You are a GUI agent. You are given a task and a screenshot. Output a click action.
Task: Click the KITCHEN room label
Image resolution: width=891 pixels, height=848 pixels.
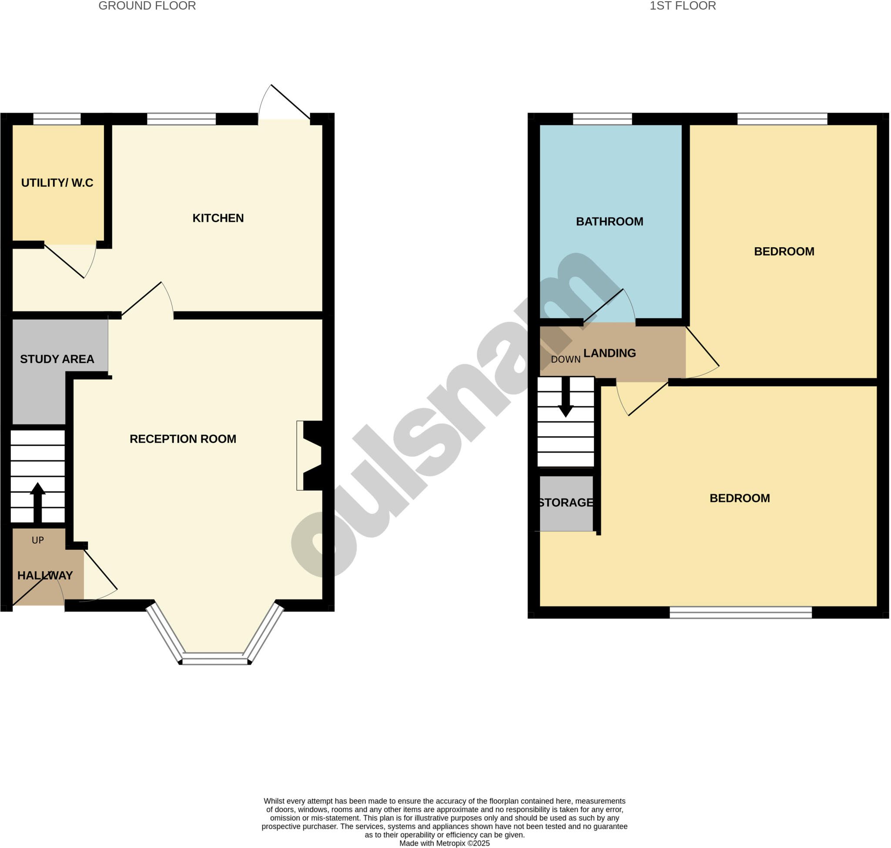218,219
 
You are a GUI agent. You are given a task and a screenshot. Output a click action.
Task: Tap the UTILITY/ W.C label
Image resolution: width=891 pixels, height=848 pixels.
57,183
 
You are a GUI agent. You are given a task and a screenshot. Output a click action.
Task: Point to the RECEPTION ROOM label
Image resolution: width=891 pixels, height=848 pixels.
183,439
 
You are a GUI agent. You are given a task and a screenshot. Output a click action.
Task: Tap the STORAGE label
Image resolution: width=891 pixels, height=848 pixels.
565,502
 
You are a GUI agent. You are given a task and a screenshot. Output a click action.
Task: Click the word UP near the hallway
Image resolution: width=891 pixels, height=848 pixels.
37,540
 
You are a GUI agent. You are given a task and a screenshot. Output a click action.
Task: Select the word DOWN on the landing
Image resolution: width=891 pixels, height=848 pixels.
565,360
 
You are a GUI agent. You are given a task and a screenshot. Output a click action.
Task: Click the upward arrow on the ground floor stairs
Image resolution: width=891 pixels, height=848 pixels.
37,502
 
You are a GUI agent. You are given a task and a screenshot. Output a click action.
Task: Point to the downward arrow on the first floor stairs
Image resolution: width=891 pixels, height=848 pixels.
565,398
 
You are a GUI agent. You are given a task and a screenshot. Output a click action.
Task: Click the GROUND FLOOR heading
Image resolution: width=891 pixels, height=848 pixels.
147,6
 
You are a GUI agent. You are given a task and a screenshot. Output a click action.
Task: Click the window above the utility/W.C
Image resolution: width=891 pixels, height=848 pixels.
57,119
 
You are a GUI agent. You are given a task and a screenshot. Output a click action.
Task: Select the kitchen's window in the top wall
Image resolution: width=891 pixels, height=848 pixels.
181,119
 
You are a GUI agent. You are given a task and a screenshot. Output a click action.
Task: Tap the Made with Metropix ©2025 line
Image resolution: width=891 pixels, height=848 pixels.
444,843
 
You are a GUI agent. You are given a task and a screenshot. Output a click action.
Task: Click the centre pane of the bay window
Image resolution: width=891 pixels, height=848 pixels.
215,659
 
